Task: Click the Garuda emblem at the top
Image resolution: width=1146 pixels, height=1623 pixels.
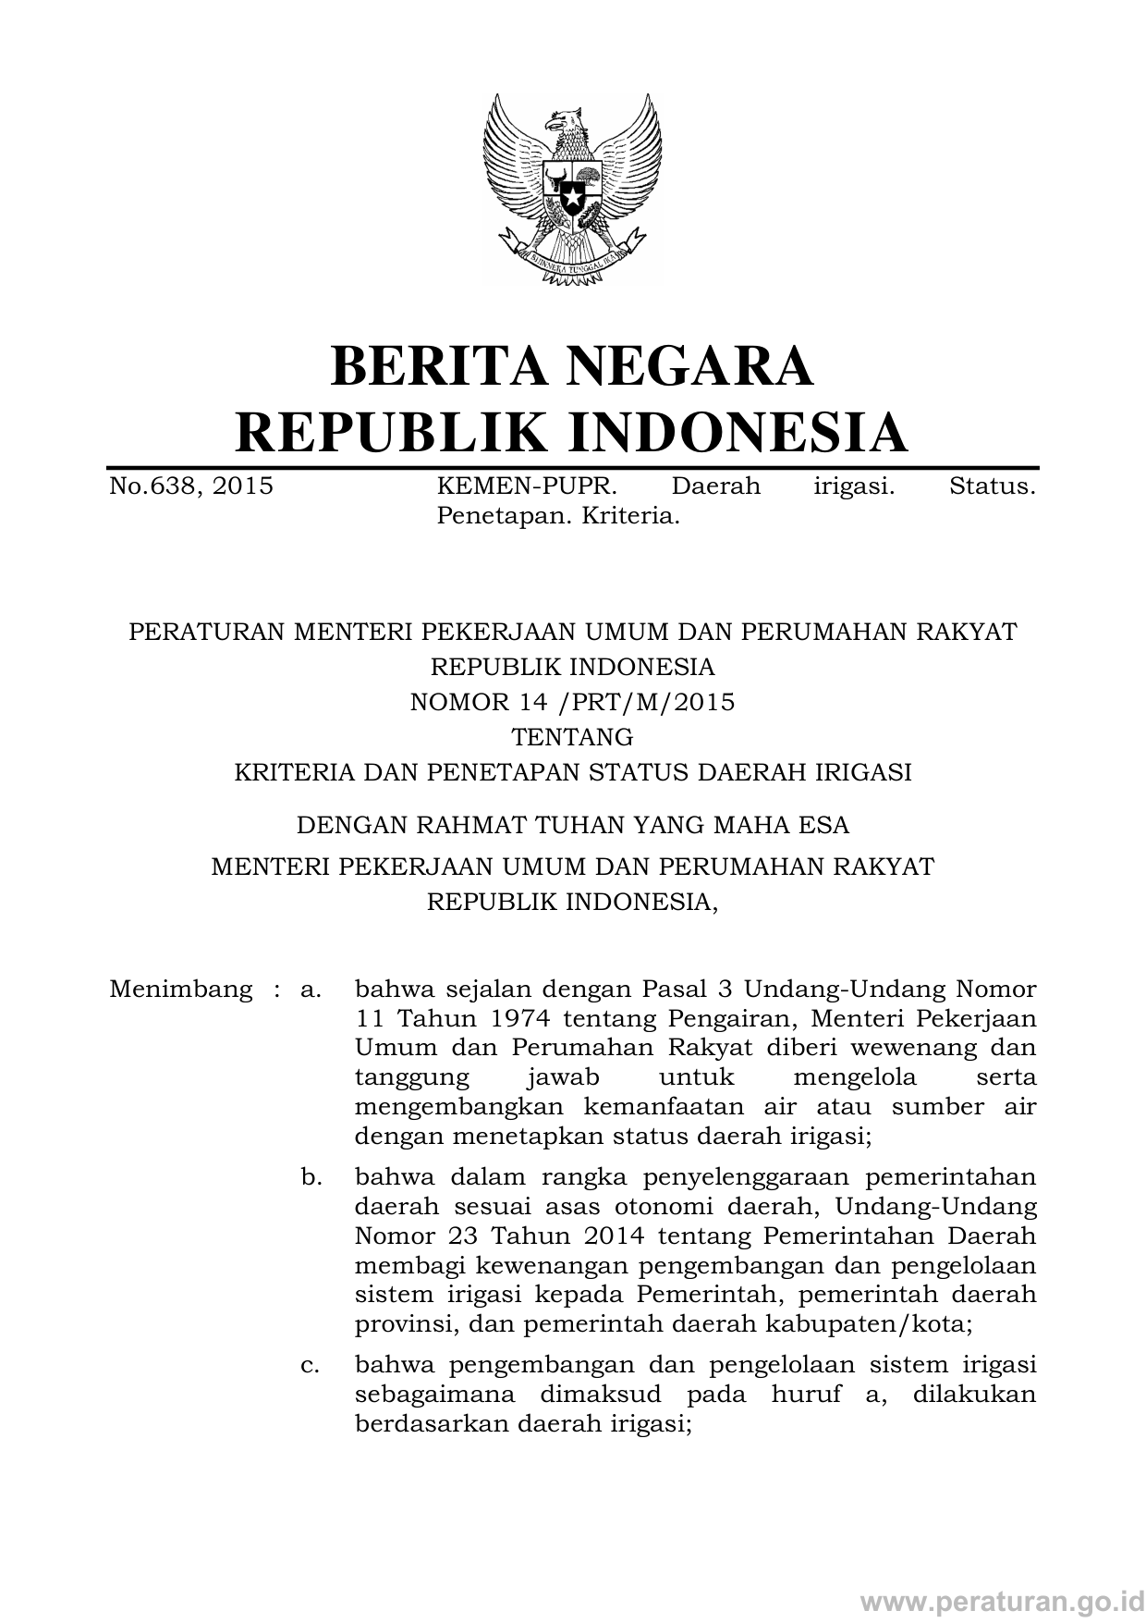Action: [x=572, y=190]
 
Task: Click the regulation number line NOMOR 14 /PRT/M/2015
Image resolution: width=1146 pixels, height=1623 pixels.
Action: [x=572, y=702]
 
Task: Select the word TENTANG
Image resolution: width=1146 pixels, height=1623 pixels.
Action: [x=572, y=737]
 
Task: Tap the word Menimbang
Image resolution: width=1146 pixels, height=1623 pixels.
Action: [x=180, y=990]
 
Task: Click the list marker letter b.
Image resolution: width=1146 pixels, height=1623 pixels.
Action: [x=311, y=1178]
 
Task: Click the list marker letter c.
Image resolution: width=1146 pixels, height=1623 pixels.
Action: [x=311, y=1365]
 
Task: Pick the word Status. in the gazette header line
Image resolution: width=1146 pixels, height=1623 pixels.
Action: [x=992, y=486]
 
